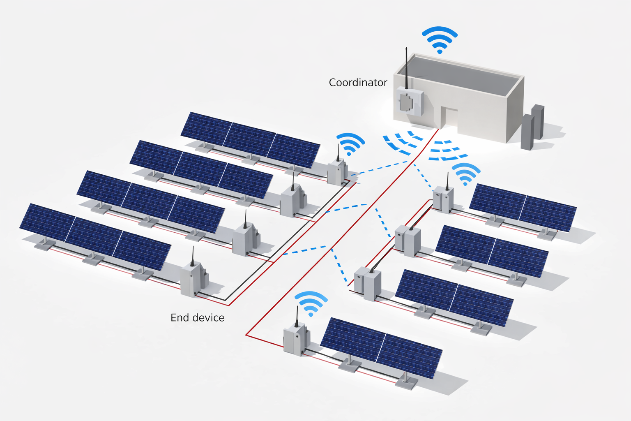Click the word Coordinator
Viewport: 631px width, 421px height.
pos(358,83)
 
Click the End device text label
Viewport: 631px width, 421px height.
pos(197,318)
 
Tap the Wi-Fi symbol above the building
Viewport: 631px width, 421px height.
pos(440,39)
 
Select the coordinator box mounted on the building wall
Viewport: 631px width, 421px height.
pos(409,101)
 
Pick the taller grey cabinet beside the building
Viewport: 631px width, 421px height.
pos(538,122)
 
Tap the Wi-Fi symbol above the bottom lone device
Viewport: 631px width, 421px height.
pos(311,303)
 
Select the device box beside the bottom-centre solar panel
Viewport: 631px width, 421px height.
pos(296,339)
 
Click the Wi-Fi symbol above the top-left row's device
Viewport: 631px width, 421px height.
pos(350,144)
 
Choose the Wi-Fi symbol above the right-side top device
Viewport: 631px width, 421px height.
pos(465,173)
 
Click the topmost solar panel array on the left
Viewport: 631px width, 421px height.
pos(251,140)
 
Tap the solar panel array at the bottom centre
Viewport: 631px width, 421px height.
pos(381,347)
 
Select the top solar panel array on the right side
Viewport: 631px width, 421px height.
pos(523,207)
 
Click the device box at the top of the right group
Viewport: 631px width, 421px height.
pos(443,199)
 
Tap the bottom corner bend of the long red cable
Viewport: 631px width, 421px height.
pos(246,335)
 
